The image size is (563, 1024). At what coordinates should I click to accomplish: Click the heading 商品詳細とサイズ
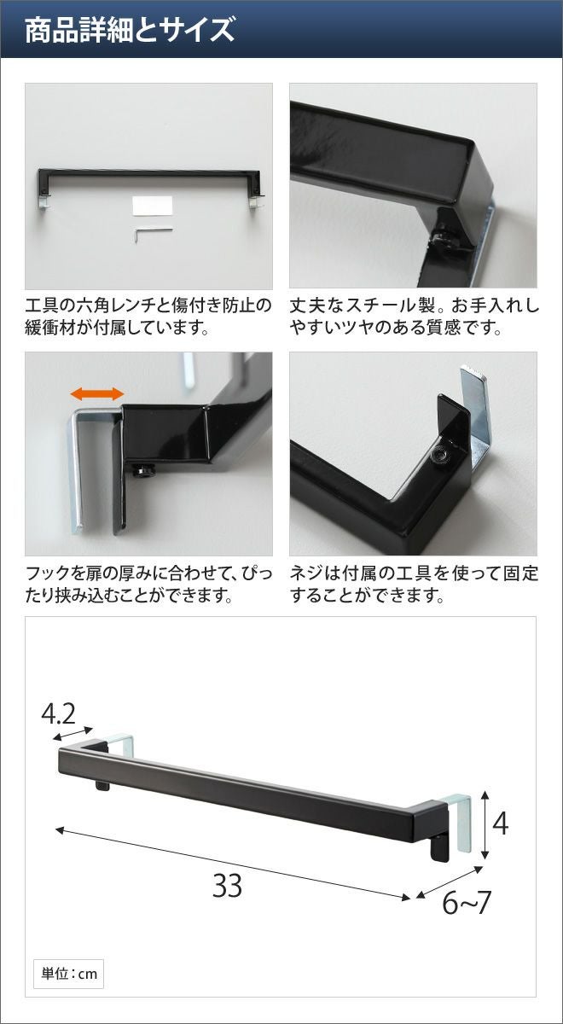pyautogui.click(x=130, y=30)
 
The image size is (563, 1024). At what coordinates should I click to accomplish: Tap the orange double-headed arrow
pyautogui.click(x=97, y=393)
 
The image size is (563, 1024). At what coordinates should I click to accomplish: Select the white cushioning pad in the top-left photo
pyautogui.click(x=153, y=206)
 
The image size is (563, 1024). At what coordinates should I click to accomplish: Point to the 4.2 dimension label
pyautogui.click(x=58, y=714)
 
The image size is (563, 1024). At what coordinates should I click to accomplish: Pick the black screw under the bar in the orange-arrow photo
pyautogui.click(x=142, y=470)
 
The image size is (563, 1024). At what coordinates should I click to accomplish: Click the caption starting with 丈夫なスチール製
pyautogui.click(x=414, y=317)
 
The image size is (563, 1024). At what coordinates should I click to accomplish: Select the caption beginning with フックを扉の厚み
pyautogui.click(x=148, y=584)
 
